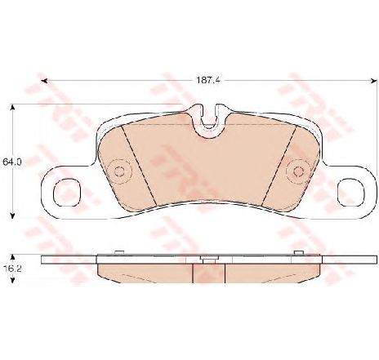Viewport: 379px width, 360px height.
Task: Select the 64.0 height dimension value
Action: [x=11, y=162]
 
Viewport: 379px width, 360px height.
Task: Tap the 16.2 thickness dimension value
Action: [x=11, y=267]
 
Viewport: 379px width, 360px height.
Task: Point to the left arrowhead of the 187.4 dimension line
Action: [x=44, y=80]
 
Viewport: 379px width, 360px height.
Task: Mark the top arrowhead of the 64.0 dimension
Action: [x=11, y=107]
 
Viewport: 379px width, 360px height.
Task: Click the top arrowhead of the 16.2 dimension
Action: [x=11, y=253]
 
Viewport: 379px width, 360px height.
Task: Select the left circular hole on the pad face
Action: [x=119, y=172]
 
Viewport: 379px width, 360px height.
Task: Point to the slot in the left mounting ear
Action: [x=65, y=189]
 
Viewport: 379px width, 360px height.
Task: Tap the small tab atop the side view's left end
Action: [x=119, y=254]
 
